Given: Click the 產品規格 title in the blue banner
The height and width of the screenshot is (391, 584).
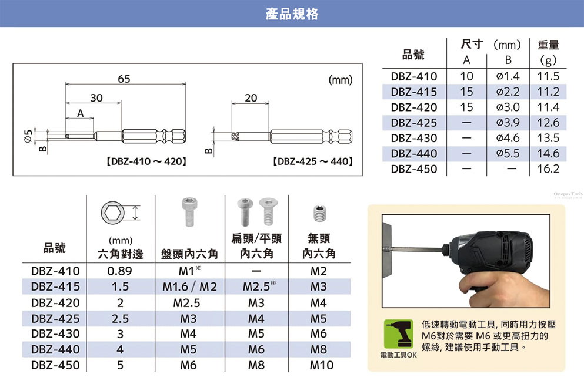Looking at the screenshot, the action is [292, 14].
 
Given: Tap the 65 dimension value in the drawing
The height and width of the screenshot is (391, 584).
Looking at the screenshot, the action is [124, 79].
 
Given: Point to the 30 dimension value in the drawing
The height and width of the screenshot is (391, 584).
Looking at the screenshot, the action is [96, 97].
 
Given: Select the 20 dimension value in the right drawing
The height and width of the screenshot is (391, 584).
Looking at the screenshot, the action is [251, 97].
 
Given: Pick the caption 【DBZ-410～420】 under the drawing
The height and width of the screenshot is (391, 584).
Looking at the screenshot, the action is [146, 161].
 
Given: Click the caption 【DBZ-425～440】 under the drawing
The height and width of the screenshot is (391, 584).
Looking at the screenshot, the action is [312, 161].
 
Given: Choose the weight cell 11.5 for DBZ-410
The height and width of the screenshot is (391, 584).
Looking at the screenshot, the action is [548, 76].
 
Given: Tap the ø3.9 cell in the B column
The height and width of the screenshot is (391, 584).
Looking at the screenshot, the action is [508, 122].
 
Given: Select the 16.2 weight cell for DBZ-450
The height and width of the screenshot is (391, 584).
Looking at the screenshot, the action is [548, 168].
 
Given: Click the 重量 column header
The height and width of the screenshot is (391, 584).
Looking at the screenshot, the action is [548, 45].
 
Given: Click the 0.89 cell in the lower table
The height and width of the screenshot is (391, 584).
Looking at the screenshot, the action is [119, 271].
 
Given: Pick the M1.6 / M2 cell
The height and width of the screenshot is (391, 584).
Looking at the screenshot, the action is [189, 286].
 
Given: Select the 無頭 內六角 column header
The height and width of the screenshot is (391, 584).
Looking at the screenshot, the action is [319, 245].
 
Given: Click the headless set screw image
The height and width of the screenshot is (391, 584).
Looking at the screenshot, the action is [319, 213].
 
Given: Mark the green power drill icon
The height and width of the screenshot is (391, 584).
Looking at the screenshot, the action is [399, 334].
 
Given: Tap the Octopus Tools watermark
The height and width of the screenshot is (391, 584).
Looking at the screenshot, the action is [568, 194].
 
